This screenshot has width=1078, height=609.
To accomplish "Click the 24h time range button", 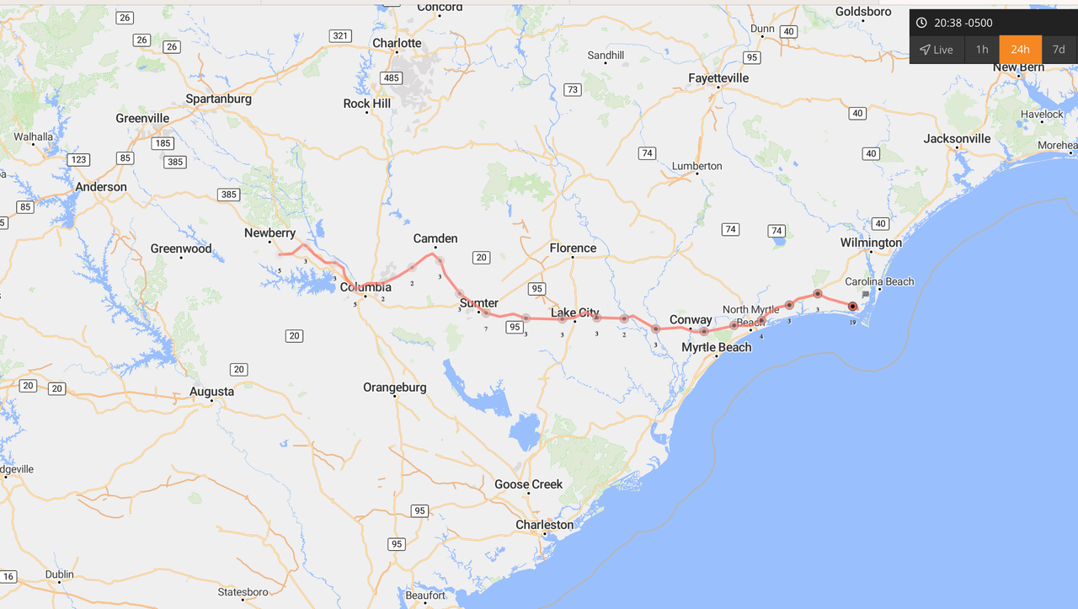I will click(1020, 50).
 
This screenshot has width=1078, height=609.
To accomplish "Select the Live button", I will click(937, 50).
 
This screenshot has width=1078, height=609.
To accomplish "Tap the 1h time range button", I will click(982, 50).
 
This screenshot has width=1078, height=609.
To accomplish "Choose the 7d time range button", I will click(1059, 50).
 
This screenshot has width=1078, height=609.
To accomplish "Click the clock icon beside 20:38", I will click(921, 23).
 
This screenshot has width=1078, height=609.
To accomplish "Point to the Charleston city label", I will click(545, 525).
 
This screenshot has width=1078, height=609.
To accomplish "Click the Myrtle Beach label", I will click(717, 347).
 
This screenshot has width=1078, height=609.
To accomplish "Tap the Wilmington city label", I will click(871, 243).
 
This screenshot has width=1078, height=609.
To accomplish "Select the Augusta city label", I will click(211, 392).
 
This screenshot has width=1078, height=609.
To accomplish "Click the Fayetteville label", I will click(718, 78).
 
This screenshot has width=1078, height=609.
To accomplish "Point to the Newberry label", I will click(269, 233).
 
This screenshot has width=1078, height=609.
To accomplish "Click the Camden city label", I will click(435, 238).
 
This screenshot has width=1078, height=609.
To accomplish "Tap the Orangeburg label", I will click(395, 387).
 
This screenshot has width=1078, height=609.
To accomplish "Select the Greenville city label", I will click(142, 119).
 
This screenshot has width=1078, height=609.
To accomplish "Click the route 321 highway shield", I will click(340, 35).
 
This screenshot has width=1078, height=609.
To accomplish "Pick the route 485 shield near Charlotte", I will click(391, 78).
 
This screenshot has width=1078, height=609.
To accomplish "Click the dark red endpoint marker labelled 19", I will click(852, 307).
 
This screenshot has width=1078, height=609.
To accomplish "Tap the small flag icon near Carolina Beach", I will click(866, 295).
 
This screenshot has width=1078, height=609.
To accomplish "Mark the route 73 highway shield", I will click(573, 90).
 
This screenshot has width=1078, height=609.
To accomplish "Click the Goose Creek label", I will click(529, 484).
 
